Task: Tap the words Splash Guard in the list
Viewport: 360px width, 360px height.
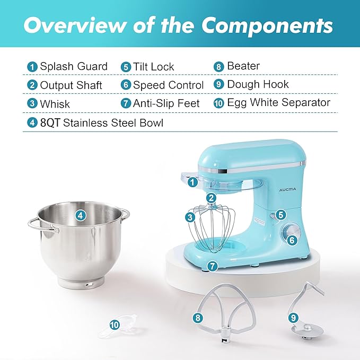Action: coord(74,66)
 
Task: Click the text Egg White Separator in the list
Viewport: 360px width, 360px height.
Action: coord(278,102)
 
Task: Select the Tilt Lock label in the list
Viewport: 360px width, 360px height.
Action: coord(154,67)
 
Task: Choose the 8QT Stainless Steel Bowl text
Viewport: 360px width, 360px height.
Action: coord(101,123)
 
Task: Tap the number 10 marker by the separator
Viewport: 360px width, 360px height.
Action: coord(114,325)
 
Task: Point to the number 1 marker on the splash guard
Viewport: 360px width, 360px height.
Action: coord(192,182)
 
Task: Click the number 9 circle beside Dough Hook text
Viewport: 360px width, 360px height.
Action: coord(218,85)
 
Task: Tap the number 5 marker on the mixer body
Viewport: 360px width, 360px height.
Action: coord(280,215)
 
